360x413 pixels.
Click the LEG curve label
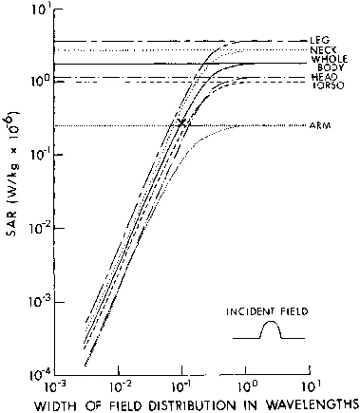[x=320, y=40]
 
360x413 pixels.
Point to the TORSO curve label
[x=328, y=85]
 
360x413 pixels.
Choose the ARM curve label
[x=320, y=125]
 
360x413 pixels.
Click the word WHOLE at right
[x=330, y=59]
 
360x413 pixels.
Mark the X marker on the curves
[x=181, y=122]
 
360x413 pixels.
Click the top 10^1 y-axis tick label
[x=41, y=10]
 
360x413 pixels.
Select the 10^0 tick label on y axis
[x=41, y=79]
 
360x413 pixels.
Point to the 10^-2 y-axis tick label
[x=40, y=228]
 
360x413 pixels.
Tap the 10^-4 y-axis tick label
[x=39, y=376]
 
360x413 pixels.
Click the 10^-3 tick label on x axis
[x=56, y=387]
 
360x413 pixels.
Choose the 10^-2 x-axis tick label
[x=119, y=387]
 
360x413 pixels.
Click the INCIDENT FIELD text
[x=267, y=311]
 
